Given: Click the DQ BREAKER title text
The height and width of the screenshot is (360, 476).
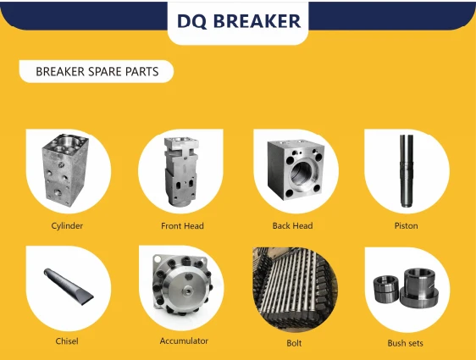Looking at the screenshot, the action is click(x=239, y=20).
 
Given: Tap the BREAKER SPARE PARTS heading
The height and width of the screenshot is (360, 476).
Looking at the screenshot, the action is click(x=97, y=72).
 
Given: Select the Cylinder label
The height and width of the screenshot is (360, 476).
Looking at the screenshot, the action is click(x=67, y=226).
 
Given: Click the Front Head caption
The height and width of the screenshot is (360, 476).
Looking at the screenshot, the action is click(x=182, y=226).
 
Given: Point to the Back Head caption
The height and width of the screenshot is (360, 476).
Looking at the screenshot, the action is click(x=292, y=226).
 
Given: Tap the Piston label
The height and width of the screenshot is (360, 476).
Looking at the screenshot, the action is click(x=407, y=226).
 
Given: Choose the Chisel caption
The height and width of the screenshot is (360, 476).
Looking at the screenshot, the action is click(x=67, y=341).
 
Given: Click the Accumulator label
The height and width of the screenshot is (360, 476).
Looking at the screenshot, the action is click(x=184, y=341).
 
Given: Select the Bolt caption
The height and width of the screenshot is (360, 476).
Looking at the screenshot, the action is click(x=294, y=343).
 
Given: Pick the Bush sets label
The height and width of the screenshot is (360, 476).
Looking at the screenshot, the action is click(x=405, y=343).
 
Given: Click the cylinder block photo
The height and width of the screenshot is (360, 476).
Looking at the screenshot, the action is click(x=65, y=170).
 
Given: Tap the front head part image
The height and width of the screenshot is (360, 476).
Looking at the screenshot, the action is click(x=181, y=171).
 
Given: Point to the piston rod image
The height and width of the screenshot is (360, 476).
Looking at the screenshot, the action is click(x=407, y=171).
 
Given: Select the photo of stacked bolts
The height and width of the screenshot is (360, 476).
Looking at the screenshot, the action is click(x=295, y=288).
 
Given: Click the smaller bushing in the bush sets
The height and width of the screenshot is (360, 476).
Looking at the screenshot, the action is click(x=386, y=289).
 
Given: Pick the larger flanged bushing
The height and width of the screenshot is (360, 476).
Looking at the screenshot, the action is click(x=419, y=286).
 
